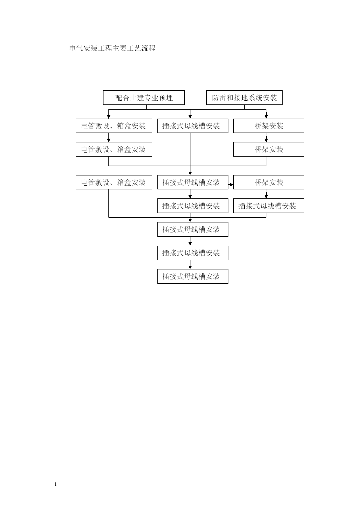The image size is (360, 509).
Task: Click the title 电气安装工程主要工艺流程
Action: (112, 48)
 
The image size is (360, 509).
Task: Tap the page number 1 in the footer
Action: (56, 484)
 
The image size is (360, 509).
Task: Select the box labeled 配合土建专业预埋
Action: (144, 97)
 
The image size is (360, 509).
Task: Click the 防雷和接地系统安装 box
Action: (244, 97)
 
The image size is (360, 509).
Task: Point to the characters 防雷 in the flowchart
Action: (219, 98)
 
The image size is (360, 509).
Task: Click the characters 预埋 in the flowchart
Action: (166, 98)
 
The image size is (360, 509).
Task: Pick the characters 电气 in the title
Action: (77, 48)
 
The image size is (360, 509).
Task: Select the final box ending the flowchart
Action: (193, 276)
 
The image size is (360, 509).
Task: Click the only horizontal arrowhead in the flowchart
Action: (232, 184)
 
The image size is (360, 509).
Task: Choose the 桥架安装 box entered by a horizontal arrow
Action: (269, 182)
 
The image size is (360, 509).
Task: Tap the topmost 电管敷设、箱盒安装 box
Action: (114, 126)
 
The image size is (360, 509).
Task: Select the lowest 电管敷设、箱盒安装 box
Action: (114, 182)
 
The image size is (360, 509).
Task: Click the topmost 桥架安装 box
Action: (269, 126)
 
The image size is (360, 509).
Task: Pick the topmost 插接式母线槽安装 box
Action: (193, 126)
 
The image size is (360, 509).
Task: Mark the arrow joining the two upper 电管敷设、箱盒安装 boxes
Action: (109, 137)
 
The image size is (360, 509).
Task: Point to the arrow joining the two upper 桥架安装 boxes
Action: (266, 137)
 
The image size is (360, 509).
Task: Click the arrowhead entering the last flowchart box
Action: (190, 267)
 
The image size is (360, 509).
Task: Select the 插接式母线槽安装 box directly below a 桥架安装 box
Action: (269, 206)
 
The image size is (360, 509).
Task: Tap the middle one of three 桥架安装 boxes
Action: (269, 149)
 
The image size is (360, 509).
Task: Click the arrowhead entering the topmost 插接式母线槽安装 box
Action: (190, 117)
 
